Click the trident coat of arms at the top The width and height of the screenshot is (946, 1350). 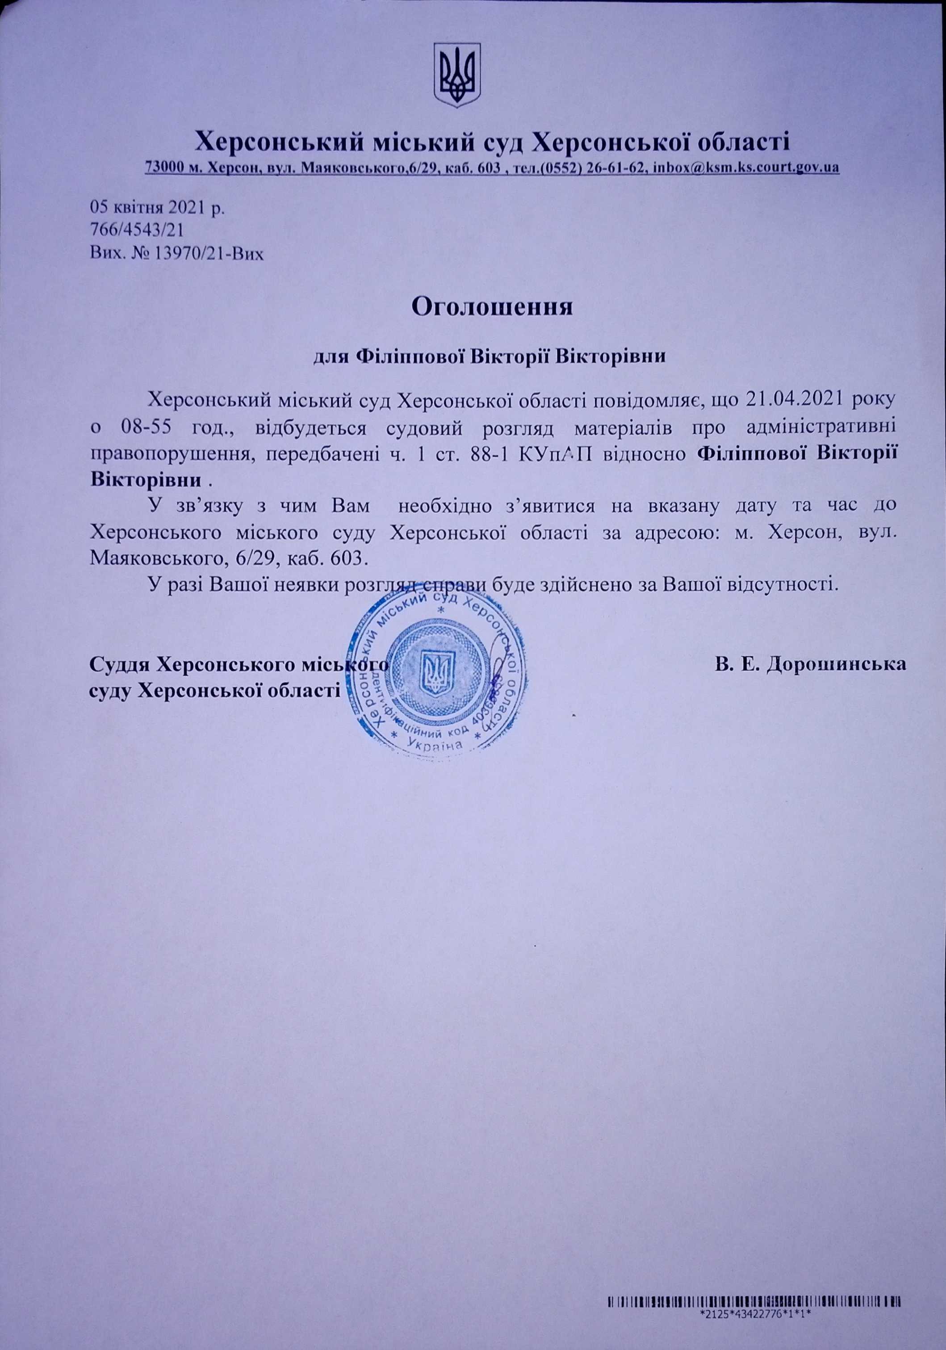pyautogui.click(x=457, y=75)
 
